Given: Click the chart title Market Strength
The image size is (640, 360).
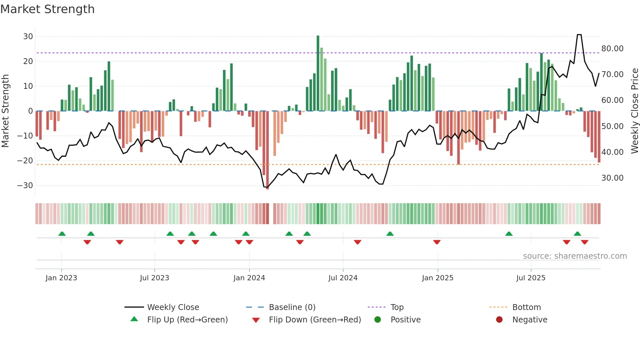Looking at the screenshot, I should pyautogui.click(x=47, y=9).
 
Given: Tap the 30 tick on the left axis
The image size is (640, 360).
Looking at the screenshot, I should pyautogui.click(x=28, y=37).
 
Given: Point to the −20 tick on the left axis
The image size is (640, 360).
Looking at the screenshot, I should pyautogui.click(x=25, y=161).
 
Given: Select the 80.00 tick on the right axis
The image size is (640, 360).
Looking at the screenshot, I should pyautogui.click(x=612, y=49).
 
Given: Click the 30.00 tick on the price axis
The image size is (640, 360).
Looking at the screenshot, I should pyautogui.click(x=612, y=178).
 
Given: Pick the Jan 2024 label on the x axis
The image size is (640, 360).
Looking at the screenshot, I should pyautogui.click(x=249, y=278).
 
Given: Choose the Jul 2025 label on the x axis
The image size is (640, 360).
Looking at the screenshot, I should pyautogui.click(x=531, y=278).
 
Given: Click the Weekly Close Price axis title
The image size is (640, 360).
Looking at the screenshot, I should pyautogui.click(x=634, y=111).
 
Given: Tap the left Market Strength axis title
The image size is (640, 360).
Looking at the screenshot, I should pyautogui.click(x=5, y=111).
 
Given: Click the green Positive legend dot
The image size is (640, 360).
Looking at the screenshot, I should pyautogui.click(x=377, y=320).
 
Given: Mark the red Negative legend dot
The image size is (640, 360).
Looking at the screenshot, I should pyautogui.click(x=499, y=320).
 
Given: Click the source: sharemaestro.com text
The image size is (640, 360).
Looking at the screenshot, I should pyautogui.click(x=575, y=256).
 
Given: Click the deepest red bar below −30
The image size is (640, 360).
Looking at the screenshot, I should pyautogui.click(x=267, y=150).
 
